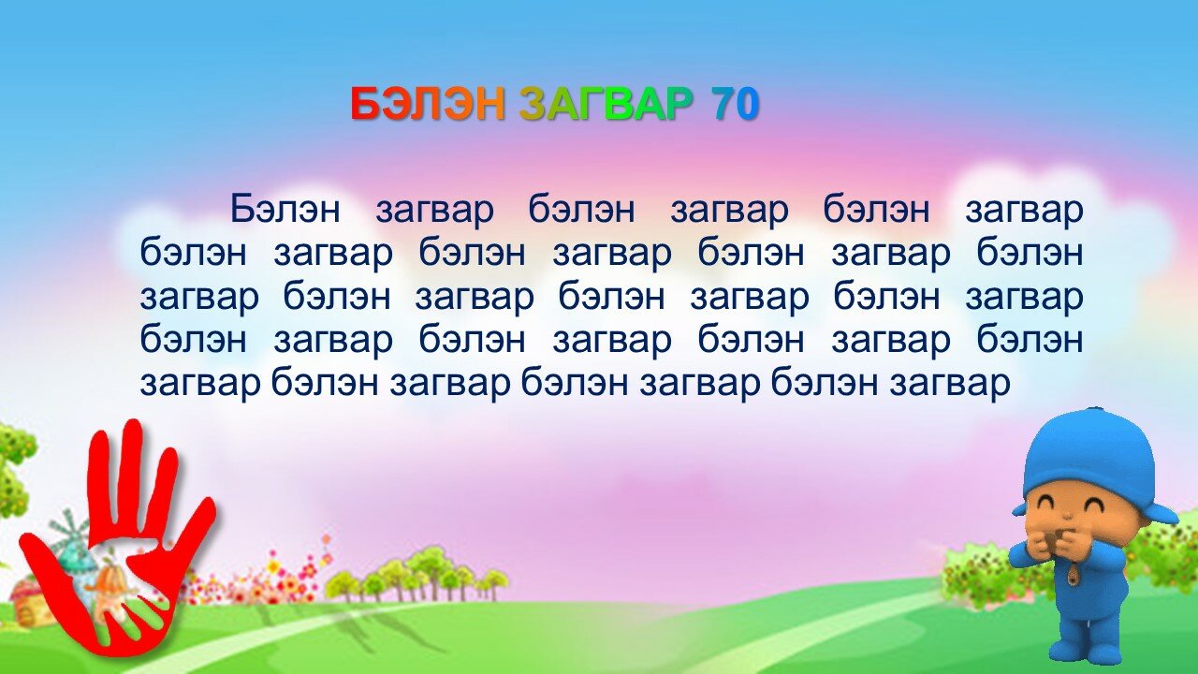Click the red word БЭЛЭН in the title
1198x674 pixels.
coord(428,103)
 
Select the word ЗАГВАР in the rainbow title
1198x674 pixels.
coord(605,103)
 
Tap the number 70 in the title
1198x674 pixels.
coord(735,103)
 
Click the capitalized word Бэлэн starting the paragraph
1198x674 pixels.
coord(285,209)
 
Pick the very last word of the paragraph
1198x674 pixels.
coord(950,384)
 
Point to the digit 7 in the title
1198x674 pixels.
coord(722,103)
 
